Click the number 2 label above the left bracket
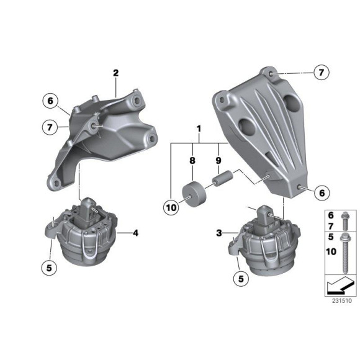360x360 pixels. tap(115, 73)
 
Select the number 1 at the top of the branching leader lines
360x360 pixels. tap(199, 128)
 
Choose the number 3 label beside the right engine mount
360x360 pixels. tap(218, 233)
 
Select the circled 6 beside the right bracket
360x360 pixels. tap(322, 194)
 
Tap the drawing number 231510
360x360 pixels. tap(340, 300)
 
